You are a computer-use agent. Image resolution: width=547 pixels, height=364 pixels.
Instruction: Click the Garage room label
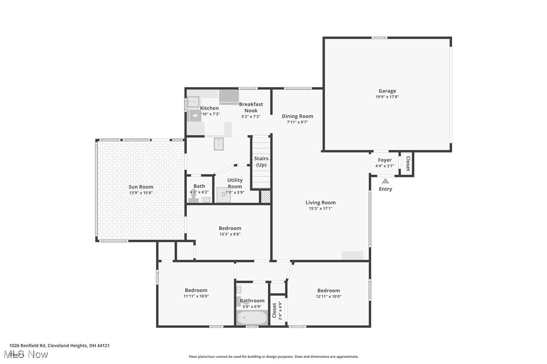pyautogui.click(x=387, y=91)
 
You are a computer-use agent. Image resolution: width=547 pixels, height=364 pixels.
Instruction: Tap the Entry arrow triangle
pyautogui.click(x=385, y=181)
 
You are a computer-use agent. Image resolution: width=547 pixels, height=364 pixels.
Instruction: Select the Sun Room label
pyautogui.click(x=141, y=187)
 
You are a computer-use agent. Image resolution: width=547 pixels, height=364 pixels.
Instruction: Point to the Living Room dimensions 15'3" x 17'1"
pyautogui.click(x=320, y=209)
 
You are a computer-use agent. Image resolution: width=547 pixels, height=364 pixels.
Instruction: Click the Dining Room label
pyautogui.click(x=297, y=116)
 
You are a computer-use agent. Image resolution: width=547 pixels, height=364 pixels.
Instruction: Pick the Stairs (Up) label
pyautogui.click(x=261, y=161)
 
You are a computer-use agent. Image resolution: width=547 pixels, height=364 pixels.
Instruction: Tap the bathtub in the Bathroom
pyautogui.click(x=252, y=318)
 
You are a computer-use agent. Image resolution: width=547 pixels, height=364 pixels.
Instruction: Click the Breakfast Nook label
pyautogui.click(x=251, y=107)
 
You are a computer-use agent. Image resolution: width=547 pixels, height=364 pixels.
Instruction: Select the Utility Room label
pyautogui.click(x=235, y=183)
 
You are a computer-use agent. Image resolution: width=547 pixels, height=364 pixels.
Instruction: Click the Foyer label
pyautogui.click(x=385, y=160)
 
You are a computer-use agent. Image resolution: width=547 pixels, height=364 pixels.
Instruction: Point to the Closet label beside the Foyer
pyautogui.click(x=407, y=164)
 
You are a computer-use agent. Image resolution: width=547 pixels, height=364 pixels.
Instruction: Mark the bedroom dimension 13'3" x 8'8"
pyautogui.click(x=230, y=234)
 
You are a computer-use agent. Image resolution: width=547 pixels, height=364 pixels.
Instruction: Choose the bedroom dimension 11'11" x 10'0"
pyautogui.click(x=196, y=296)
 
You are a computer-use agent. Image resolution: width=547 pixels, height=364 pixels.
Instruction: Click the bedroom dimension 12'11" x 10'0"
pyautogui.click(x=328, y=296)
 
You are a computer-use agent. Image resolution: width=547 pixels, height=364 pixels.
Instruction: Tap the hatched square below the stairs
pyautogui.click(x=265, y=197)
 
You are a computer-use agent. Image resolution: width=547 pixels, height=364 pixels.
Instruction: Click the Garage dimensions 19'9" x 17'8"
pyautogui.click(x=387, y=97)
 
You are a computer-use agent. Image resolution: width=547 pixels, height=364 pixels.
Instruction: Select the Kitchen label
pyautogui.click(x=210, y=108)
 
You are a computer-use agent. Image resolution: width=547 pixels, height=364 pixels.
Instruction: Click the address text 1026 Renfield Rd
pyautogui.click(x=28, y=345)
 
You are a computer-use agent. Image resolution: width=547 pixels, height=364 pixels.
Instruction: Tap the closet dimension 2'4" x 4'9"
pyautogui.click(x=280, y=310)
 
